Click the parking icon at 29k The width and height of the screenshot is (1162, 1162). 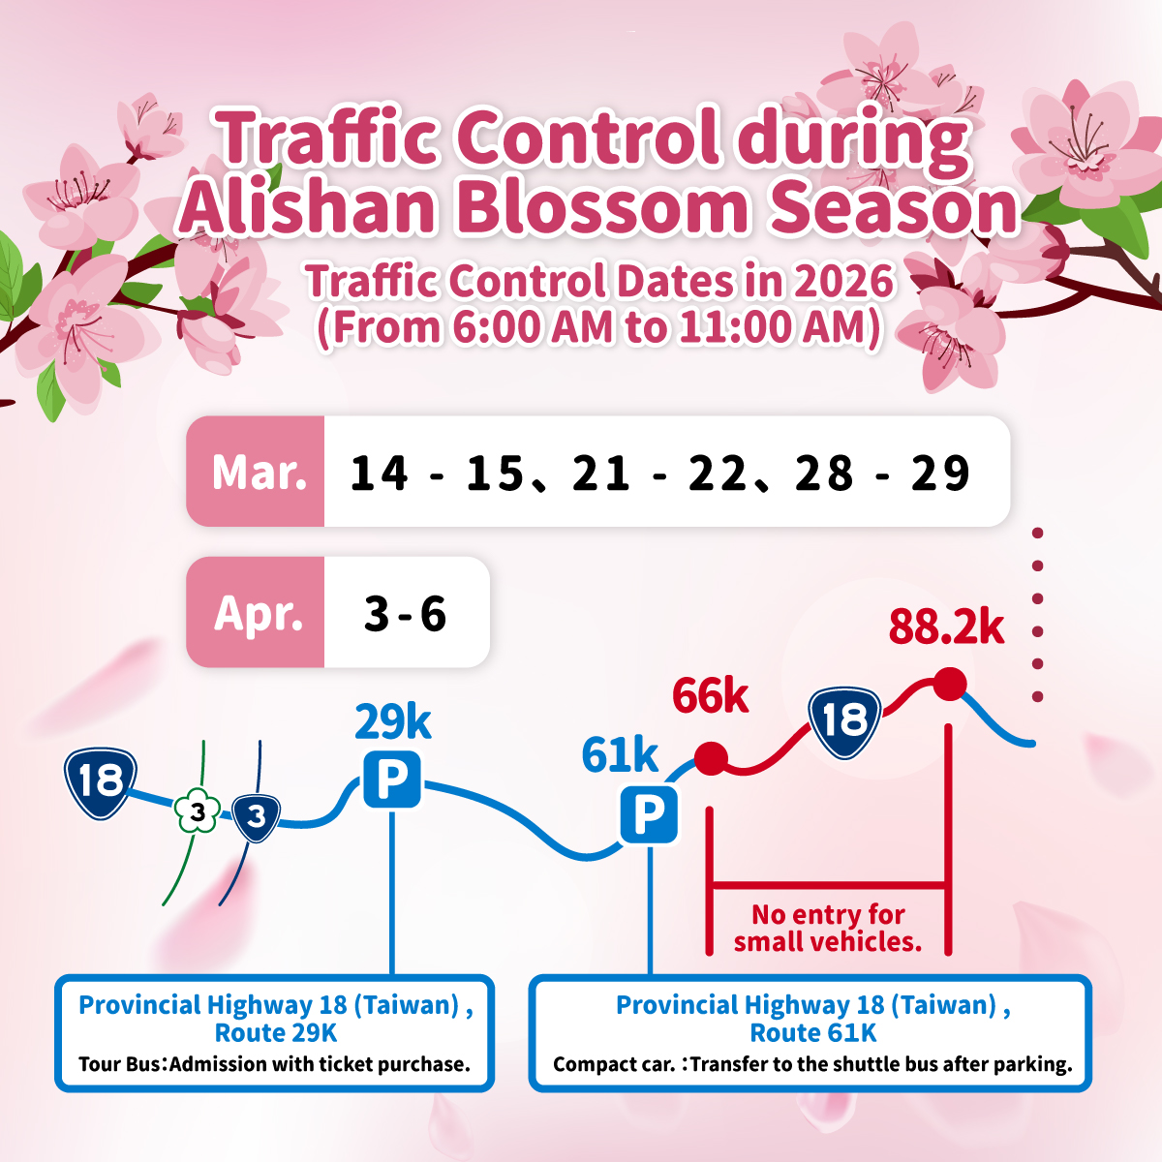[392, 780]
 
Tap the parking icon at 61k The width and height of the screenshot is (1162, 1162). [649, 814]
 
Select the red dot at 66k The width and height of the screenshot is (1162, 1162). [711, 758]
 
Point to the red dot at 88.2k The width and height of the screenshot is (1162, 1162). [950, 684]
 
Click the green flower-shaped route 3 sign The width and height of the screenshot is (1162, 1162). [197, 811]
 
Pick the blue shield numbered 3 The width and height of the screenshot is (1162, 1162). [257, 817]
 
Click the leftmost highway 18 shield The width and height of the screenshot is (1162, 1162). [100, 782]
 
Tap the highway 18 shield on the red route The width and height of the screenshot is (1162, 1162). [844, 722]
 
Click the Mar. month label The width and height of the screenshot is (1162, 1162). [260, 473]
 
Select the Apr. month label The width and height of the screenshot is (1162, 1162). [259, 614]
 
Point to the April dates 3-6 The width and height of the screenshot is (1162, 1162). [405, 613]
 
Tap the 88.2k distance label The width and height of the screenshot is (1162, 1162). [946, 627]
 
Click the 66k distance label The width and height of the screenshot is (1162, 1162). [711, 696]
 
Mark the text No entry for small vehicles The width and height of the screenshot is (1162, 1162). [828, 929]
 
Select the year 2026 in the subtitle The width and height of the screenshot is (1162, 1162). [843, 281]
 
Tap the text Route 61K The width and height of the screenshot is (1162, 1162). [812, 1033]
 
